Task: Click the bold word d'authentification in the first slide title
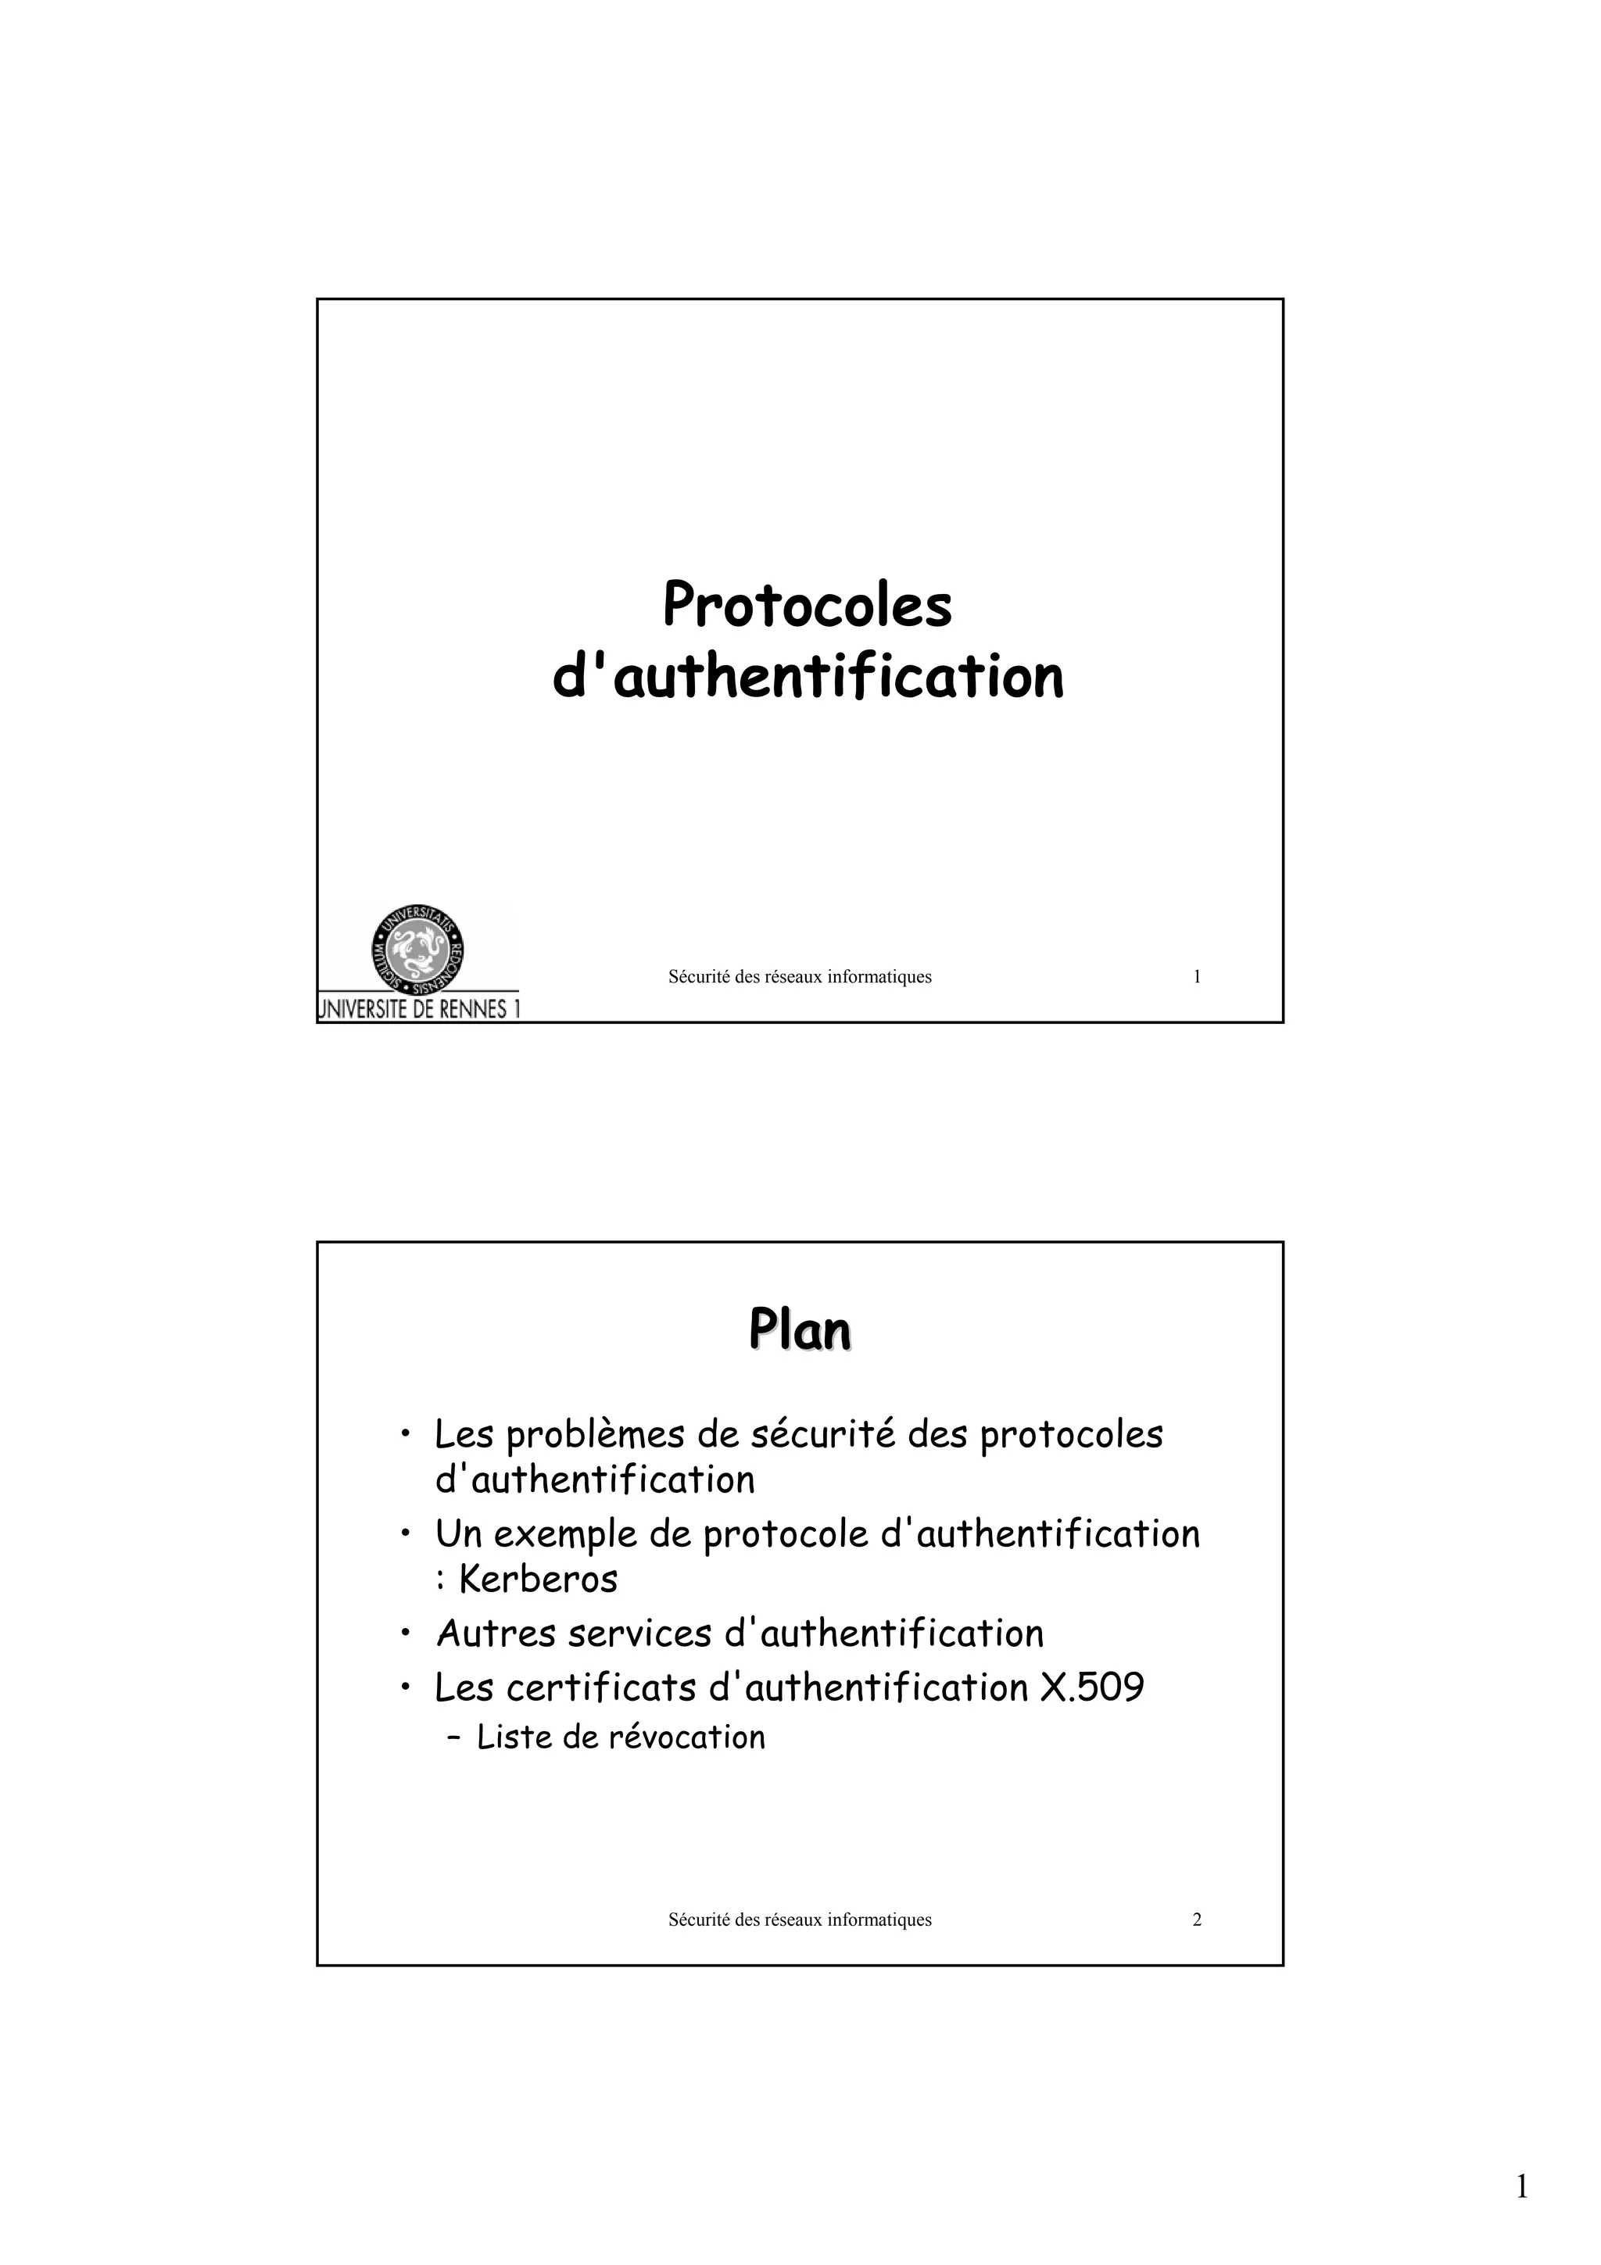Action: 807,678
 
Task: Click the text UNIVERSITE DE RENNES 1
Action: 418,1009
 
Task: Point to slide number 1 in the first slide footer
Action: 1197,978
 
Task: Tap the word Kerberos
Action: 539,1580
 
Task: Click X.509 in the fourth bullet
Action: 1092,1688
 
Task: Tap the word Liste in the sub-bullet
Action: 513,1737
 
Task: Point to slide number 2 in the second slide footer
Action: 1197,1920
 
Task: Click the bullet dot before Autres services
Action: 406,1633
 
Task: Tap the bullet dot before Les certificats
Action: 406,1688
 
